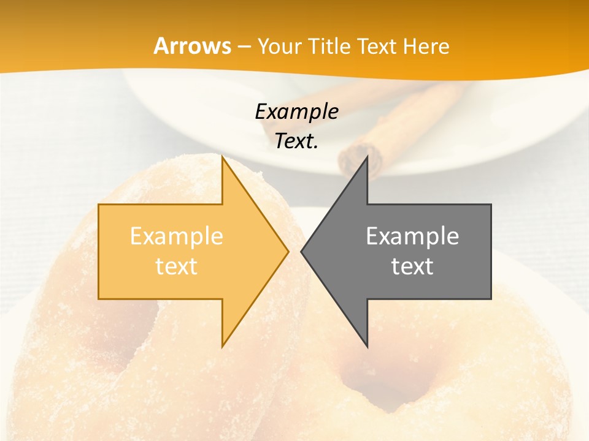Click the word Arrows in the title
[x=192, y=47]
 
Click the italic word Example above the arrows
[x=296, y=112]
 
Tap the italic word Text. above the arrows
[x=296, y=141]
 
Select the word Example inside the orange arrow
[x=177, y=236]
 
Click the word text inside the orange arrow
[x=177, y=266]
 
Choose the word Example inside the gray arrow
[x=412, y=236]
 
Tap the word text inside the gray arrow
[x=412, y=266]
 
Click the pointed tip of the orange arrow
[x=287, y=251]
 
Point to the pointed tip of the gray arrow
[x=302, y=251]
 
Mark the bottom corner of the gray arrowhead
[x=367, y=346]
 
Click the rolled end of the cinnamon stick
[x=360, y=159]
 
